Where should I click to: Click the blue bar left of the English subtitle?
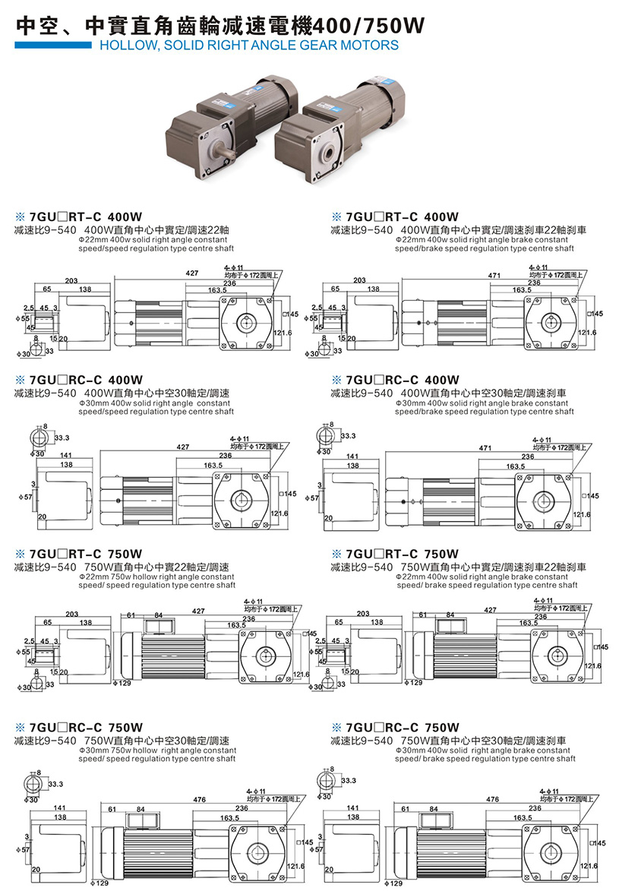[x=52, y=46]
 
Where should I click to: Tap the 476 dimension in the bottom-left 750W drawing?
[x=200, y=799]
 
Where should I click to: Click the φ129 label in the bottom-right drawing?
[x=394, y=883]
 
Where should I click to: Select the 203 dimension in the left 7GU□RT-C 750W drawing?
[x=72, y=614]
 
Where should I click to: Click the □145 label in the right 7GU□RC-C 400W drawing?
[x=591, y=496]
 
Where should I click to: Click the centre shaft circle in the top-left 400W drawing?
[x=248, y=322]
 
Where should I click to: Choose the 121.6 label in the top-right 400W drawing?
[x=586, y=333]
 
